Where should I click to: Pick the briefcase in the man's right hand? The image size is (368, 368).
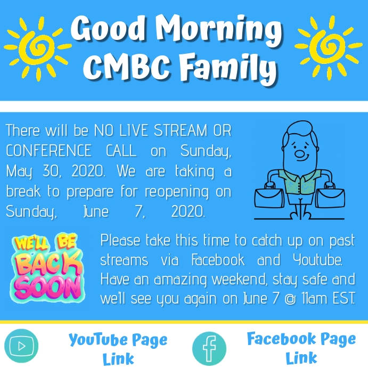(269, 197)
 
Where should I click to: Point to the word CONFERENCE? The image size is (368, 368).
(48, 151)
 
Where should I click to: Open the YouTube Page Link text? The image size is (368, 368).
(118, 348)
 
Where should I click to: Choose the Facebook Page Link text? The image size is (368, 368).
(301, 347)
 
